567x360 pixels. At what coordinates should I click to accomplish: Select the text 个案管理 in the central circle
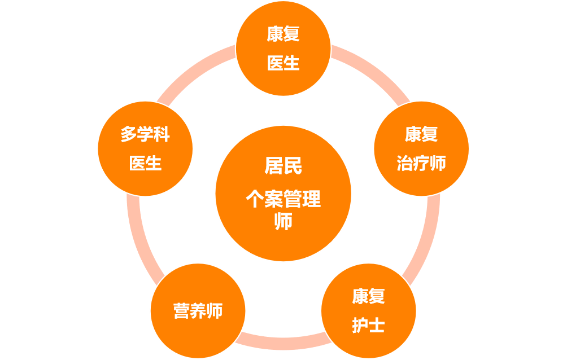283,199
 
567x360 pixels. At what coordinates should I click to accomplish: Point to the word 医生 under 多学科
145,164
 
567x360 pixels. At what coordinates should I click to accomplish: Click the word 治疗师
421,164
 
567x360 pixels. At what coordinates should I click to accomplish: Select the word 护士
368,326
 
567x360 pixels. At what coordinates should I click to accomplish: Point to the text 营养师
198,311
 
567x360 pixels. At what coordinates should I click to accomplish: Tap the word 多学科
145,135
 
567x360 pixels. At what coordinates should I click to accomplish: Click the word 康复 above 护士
368,296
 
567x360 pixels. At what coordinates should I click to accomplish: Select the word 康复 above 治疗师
421,135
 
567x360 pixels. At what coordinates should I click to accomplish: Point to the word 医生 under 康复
283,63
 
